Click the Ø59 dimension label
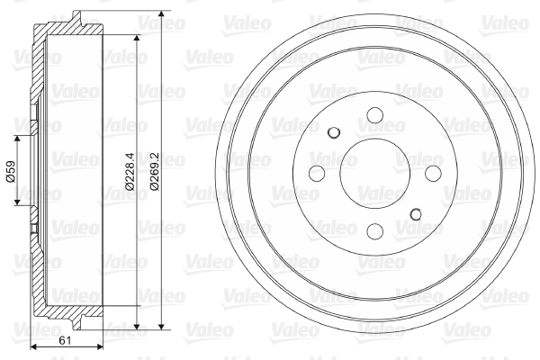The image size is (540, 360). [x=10, y=171]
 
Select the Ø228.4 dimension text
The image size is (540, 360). [x=130, y=171]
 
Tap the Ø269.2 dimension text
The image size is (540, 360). [x=154, y=171]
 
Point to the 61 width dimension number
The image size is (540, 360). [x=65, y=341]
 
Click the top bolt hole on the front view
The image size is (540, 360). [x=375, y=115]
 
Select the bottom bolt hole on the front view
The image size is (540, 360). [x=375, y=231]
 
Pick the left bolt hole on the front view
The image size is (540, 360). [x=317, y=174]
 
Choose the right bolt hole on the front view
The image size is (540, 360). [x=433, y=174]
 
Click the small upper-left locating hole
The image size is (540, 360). [x=334, y=132]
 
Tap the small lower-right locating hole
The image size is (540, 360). [x=416, y=214]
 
